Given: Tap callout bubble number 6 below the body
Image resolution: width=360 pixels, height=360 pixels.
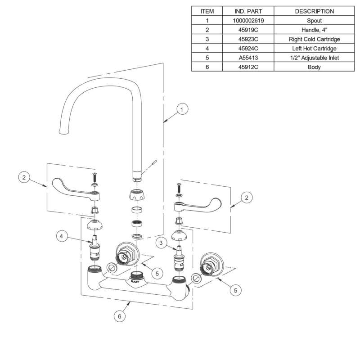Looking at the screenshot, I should coord(119,316).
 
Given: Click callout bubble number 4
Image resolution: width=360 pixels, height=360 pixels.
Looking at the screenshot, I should coord(63,236).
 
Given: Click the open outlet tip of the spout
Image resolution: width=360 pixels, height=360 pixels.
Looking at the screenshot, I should coord(63,131).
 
